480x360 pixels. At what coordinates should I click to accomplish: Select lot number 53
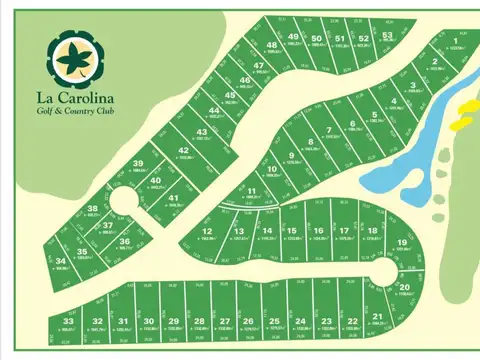[x=388, y=36]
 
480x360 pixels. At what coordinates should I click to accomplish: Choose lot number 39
[x=139, y=163]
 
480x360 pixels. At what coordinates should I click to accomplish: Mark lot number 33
[x=68, y=320]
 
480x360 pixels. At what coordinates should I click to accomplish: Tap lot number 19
[x=400, y=243]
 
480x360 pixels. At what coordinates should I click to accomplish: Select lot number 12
[x=207, y=232]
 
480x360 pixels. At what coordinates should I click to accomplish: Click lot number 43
[x=201, y=132]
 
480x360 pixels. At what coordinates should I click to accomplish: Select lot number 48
[x=271, y=46]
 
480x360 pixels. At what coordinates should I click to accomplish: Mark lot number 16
[x=318, y=232]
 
